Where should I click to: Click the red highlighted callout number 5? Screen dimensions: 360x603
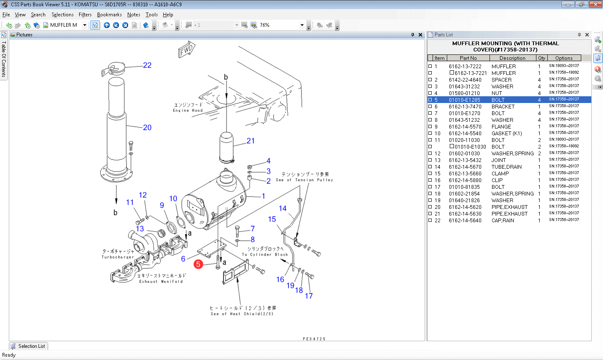coord(198,264)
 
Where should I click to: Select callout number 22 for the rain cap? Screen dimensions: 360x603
coord(147,65)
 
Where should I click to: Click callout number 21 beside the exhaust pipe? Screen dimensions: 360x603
coord(250,141)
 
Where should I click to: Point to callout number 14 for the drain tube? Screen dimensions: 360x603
coord(283,208)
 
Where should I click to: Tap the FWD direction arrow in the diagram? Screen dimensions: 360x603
coord(186,50)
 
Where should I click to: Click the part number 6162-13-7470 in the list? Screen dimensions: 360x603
coord(465,107)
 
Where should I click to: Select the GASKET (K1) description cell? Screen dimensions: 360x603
coord(507,134)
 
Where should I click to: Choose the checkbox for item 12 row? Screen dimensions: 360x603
coord(430,154)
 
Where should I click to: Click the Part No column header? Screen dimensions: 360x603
coord(468,58)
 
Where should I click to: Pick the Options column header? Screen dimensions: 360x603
coord(564,58)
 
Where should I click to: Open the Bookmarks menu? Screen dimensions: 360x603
coord(109,15)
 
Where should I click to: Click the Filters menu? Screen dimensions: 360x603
coord(85,15)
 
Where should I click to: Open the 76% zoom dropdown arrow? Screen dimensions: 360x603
coord(302,25)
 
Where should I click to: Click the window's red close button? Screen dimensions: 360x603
coord(595,5)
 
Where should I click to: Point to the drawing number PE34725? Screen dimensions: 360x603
coord(314,339)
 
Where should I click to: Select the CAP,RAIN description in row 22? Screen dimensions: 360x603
coord(502,221)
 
